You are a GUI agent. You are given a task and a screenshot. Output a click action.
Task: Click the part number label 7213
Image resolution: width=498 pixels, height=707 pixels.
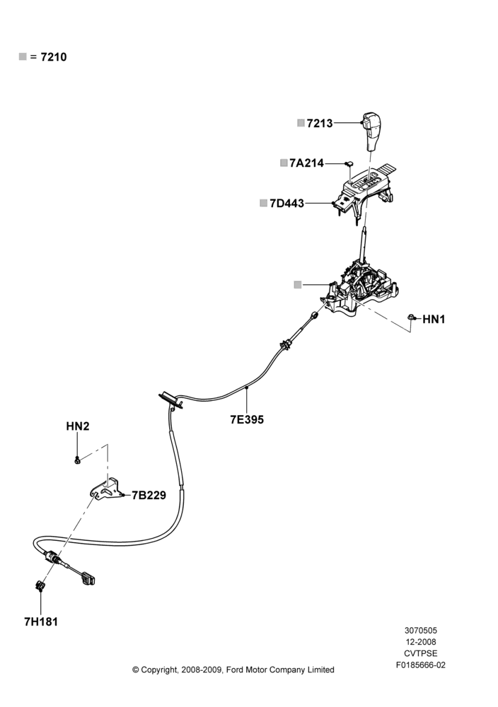click(x=320, y=123)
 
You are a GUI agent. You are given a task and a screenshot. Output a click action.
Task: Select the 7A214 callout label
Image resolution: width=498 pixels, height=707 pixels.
click(x=307, y=163)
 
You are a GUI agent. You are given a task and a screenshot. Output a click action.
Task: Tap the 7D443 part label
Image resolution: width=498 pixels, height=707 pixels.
click(x=287, y=204)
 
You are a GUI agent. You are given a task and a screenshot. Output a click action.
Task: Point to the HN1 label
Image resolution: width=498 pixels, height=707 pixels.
click(x=434, y=320)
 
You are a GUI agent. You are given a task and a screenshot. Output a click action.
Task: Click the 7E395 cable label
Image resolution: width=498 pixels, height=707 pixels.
click(x=247, y=419)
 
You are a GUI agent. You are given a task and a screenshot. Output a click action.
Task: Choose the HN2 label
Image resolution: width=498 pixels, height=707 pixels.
click(x=78, y=426)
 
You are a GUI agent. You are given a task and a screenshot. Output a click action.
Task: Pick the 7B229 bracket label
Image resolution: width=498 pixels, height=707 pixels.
click(x=149, y=495)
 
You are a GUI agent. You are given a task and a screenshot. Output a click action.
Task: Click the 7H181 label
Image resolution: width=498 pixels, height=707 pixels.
click(x=41, y=621)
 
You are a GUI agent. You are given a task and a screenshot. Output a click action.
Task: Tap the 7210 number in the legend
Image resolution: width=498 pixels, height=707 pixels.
click(x=54, y=57)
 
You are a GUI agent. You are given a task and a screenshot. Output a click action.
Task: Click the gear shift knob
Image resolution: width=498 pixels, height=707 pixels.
click(x=371, y=132)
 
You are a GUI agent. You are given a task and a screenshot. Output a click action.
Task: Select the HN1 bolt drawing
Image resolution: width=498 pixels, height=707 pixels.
click(x=412, y=317)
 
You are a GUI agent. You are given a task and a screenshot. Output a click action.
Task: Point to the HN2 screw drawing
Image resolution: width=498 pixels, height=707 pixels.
click(x=77, y=460)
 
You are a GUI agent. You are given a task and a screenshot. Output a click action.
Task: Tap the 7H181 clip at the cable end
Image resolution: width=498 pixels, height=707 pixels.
click(x=40, y=585)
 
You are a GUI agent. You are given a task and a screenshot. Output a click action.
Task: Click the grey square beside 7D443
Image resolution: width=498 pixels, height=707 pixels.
click(x=263, y=203)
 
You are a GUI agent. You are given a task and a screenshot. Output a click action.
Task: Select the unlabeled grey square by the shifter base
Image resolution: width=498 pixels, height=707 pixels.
click(x=298, y=284)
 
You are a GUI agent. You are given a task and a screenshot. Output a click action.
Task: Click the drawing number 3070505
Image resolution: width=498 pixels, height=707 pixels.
click(x=420, y=631)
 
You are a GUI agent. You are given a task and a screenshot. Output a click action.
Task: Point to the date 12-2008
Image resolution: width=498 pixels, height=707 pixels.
click(x=420, y=642)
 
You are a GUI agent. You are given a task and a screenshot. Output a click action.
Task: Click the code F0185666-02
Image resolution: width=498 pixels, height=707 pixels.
click(x=420, y=665)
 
